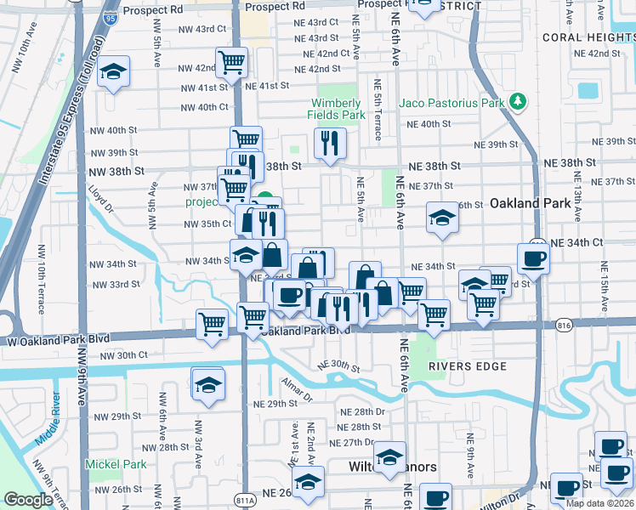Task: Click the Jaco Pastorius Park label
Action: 452,103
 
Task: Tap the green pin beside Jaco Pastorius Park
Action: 517,103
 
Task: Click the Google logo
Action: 28,500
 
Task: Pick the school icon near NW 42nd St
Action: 112,72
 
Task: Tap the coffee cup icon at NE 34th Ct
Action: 533,258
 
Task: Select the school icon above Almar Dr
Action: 207,384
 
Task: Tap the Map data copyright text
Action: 600,502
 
